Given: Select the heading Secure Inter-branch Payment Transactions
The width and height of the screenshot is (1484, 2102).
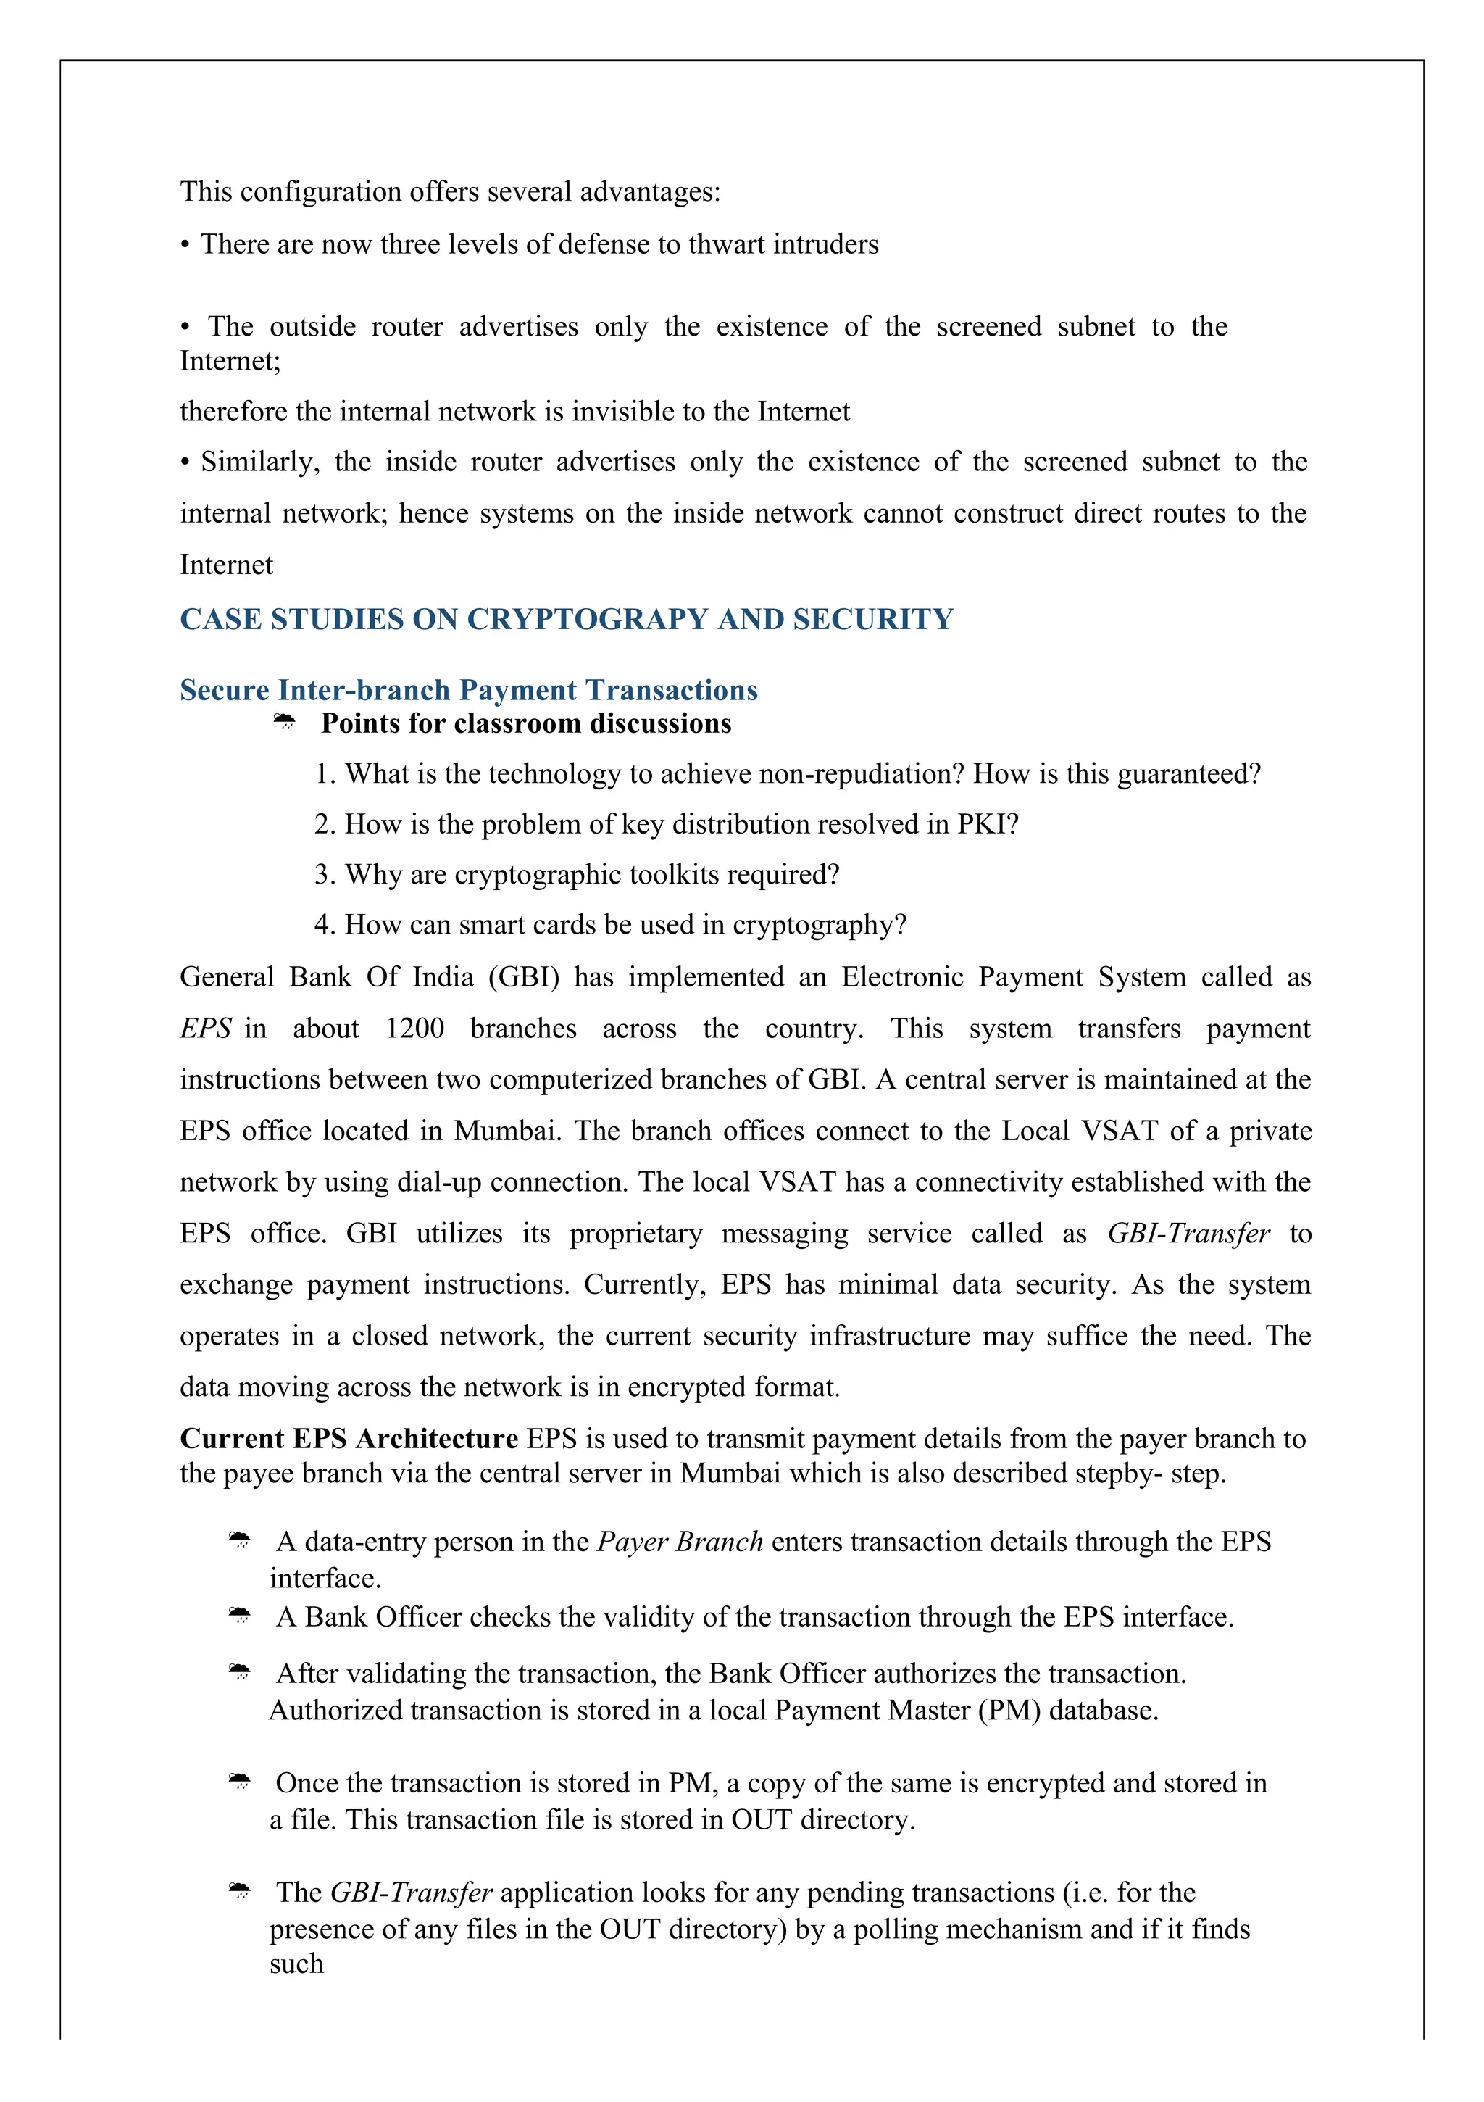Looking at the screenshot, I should (x=469, y=690).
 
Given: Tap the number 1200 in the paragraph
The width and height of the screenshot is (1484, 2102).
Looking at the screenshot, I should (x=414, y=1029).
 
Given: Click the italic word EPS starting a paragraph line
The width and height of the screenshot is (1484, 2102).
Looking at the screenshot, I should (x=205, y=1029).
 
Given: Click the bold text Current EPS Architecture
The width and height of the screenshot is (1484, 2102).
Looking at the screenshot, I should (x=349, y=1440).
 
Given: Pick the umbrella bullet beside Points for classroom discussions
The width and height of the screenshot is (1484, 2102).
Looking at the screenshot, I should (x=285, y=723).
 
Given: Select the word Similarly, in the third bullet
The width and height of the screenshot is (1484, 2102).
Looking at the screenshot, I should (x=260, y=462).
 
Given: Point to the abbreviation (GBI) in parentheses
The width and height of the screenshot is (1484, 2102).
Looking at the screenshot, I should (x=522, y=978).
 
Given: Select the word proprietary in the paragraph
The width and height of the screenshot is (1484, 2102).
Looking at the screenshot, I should (x=635, y=1234).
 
